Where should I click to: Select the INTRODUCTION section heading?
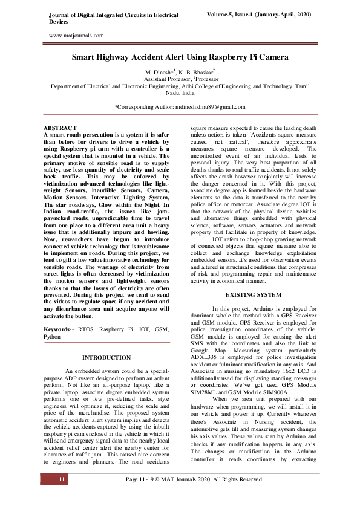106,358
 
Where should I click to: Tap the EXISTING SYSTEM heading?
253,294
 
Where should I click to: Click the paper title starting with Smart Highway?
180,58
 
